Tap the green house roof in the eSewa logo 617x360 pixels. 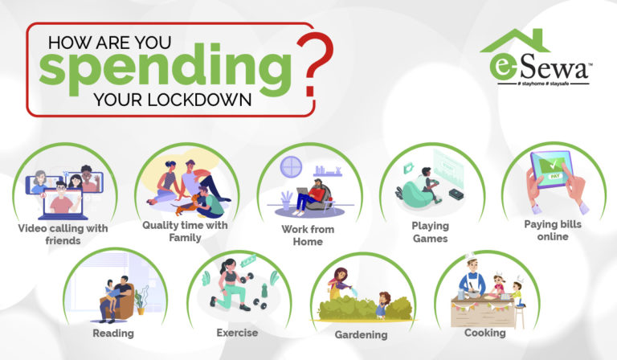514,42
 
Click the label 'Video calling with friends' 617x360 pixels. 63,235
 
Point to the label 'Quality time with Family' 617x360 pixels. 185,231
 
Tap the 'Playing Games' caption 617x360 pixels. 430,232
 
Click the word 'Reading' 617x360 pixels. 112,333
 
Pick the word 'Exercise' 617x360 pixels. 237,332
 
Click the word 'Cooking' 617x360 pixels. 484,332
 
